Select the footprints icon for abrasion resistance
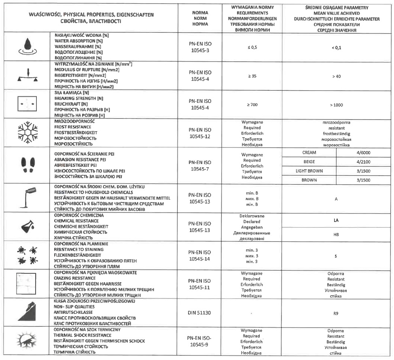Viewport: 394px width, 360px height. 27,164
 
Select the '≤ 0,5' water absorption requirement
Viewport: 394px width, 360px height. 252,47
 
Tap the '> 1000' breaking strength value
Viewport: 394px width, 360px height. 336,105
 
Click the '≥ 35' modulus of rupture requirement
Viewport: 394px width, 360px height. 252,76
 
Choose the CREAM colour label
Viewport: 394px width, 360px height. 309,153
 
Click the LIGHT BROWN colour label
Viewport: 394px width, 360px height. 309,171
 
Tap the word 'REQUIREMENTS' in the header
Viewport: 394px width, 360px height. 252,13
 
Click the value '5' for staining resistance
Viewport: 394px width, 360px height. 336,256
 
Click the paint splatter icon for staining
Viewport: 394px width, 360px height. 27,255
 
